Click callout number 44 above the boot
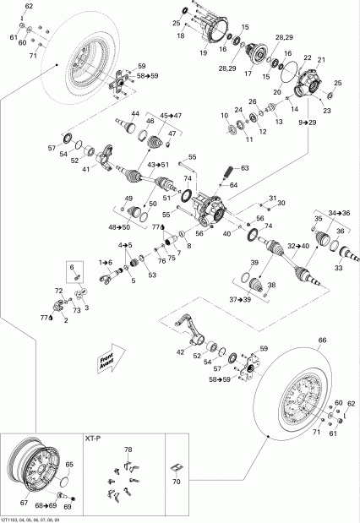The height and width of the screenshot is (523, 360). click(x=134, y=113)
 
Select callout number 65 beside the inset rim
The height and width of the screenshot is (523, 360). click(x=69, y=465)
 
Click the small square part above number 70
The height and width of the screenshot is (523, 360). click(x=177, y=467)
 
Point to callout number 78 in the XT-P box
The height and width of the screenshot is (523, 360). click(x=128, y=449)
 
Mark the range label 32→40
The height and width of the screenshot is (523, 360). click(x=298, y=246)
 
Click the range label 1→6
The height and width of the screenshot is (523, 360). click(x=106, y=263)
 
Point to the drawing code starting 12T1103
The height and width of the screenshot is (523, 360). click(x=34, y=518)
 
